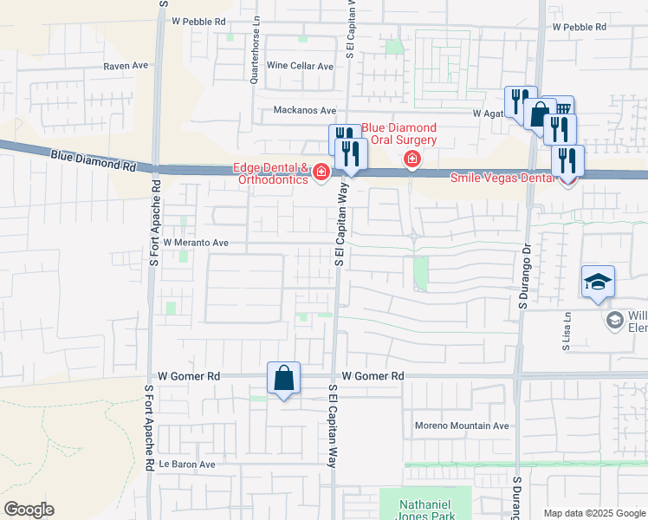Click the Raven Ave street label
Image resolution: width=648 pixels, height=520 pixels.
click(x=126, y=66)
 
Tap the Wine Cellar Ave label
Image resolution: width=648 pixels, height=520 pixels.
click(x=300, y=66)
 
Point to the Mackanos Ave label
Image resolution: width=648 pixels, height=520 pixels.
click(x=304, y=110)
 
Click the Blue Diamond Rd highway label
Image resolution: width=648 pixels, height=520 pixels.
click(x=94, y=159)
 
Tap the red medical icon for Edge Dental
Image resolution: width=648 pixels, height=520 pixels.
click(x=321, y=173)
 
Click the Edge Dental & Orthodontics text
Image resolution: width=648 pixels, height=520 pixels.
click(x=269, y=173)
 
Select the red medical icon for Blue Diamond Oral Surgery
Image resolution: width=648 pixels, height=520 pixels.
click(x=411, y=159)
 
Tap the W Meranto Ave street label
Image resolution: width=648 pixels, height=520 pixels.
click(x=195, y=243)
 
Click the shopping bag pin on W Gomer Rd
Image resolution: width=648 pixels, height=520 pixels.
click(x=283, y=379)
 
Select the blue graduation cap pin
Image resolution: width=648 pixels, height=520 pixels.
click(x=598, y=283)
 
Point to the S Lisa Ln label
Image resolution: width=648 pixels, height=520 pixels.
click(x=567, y=332)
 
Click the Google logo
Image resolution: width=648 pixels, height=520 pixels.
click(x=29, y=510)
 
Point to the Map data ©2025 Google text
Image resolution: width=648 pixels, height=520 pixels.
click(x=593, y=513)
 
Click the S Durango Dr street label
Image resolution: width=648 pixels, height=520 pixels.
click(x=523, y=276)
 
